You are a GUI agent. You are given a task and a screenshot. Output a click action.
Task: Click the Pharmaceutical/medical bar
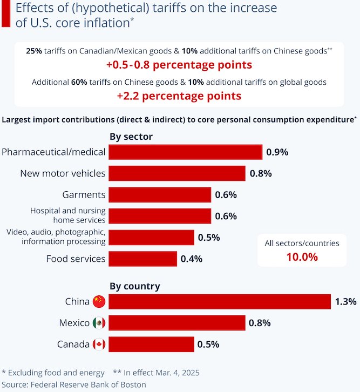pyautogui.click(x=185, y=152)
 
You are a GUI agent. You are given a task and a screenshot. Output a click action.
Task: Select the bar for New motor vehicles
pyautogui.click(x=177, y=173)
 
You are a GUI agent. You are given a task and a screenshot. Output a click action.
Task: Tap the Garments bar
pyautogui.click(x=160, y=195)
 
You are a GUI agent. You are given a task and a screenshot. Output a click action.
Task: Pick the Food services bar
pyautogui.click(x=142, y=259)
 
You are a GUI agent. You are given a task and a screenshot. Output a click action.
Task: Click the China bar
pyautogui.click(x=220, y=301)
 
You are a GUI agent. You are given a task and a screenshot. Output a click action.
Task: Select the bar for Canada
pyautogui.click(x=151, y=344)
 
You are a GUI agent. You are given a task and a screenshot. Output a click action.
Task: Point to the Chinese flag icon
pyautogui.click(x=99, y=301)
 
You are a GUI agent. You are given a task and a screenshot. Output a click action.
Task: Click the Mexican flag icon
pyautogui.click(x=99, y=323)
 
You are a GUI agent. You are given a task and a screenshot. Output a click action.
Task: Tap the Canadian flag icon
pyautogui.click(x=99, y=344)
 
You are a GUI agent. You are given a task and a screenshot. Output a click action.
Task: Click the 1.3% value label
pyautogui.click(x=346, y=302)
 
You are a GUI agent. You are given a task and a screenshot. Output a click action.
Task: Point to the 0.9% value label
pyautogui.click(x=277, y=152)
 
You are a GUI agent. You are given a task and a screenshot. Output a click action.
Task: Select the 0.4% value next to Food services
pyautogui.click(x=192, y=259)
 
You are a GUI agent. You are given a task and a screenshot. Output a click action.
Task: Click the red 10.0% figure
pyautogui.click(x=302, y=257)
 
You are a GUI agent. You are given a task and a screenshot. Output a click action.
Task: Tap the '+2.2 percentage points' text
pyautogui.click(x=179, y=96)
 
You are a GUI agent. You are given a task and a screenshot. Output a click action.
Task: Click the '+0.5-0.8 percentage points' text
pyautogui.click(x=179, y=65)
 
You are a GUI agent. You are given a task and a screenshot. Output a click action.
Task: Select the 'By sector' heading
pyautogui.click(x=131, y=137)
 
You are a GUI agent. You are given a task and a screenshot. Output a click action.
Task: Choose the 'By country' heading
pyautogui.click(x=135, y=286)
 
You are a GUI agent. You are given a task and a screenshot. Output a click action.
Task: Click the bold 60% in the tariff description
pyautogui.click(x=79, y=82)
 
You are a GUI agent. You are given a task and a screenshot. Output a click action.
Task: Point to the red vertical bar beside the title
pyautogui.click(x=6, y=13)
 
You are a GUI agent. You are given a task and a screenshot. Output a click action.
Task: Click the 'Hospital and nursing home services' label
pyautogui.click(x=68, y=215)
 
